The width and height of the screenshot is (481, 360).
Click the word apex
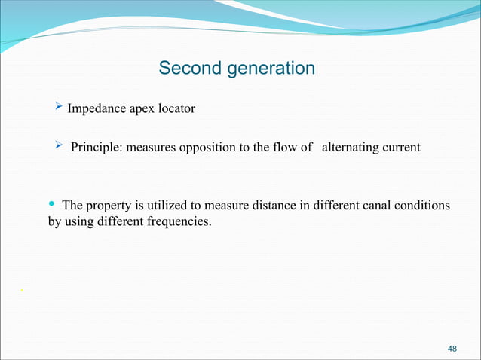141,109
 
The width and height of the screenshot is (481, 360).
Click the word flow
284,148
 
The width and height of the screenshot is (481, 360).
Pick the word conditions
423,206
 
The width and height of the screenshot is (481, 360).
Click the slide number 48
452,349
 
